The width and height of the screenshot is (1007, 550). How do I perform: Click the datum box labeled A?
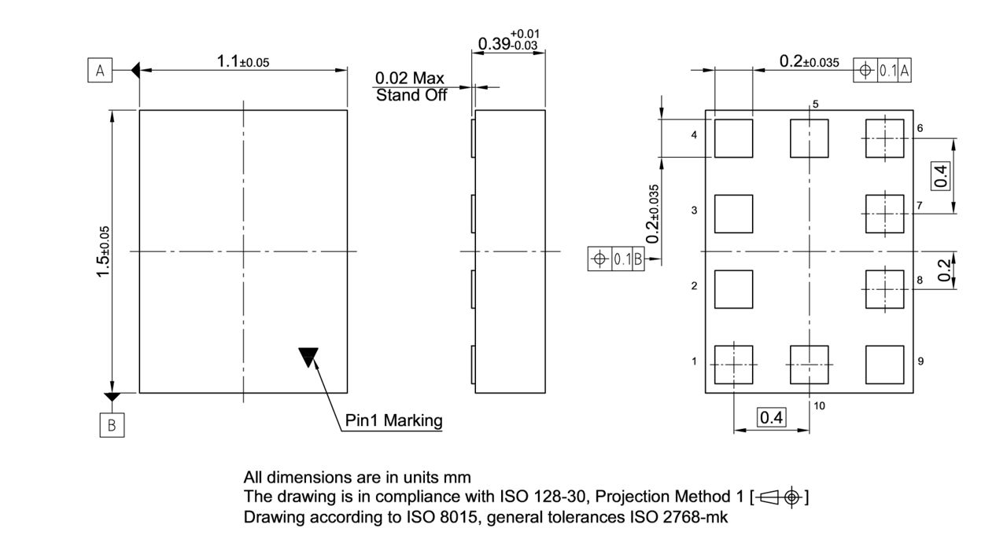click(x=100, y=71)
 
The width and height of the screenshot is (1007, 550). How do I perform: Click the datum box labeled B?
click(x=112, y=425)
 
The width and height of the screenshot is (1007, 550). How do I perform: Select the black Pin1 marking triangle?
click(x=308, y=357)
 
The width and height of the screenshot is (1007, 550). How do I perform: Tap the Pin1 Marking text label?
click(x=393, y=420)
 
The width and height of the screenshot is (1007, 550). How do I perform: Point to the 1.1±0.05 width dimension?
click(x=242, y=62)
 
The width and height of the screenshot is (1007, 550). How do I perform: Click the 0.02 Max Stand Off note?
click(x=410, y=86)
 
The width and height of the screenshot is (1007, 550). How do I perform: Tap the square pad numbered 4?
click(x=733, y=138)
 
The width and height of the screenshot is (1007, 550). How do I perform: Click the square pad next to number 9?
click(x=884, y=365)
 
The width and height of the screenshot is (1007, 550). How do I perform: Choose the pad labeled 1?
click(x=733, y=365)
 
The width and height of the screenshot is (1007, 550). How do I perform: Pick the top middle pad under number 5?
click(x=809, y=138)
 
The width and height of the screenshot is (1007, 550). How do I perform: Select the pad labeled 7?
click(x=884, y=214)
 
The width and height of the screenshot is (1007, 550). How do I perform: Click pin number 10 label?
click(x=820, y=405)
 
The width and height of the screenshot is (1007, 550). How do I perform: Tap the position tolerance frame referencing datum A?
click(x=883, y=71)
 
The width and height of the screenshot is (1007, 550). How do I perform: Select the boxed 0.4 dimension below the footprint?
click(x=771, y=417)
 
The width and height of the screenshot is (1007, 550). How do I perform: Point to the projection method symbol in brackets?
click(x=780, y=497)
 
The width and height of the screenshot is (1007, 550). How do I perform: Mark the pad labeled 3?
click(x=733, y=214)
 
